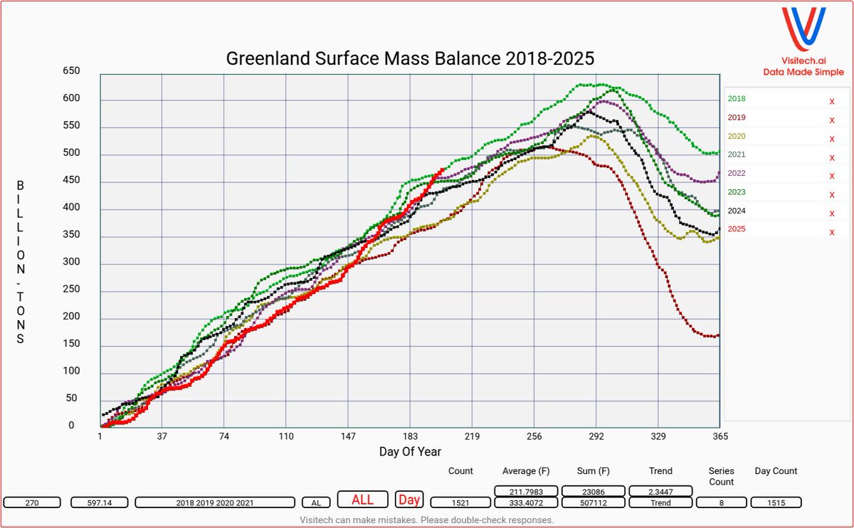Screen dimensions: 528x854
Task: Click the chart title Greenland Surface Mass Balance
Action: coord(410,58)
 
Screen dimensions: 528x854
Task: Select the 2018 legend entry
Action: coord(737,99)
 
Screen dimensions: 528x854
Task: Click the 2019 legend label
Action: coord(737,117)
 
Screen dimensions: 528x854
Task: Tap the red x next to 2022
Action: coord(831,176)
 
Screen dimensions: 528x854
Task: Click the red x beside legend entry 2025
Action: coord(831,232)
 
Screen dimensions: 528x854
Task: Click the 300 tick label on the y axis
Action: coord(85,263)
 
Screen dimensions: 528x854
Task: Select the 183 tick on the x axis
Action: coord(410,436)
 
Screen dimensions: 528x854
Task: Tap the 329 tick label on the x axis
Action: coord(658,436)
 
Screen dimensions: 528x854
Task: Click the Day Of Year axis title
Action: coord(410,452)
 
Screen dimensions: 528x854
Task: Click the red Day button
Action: coord(408,500)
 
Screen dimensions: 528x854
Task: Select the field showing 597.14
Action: coord(100,502)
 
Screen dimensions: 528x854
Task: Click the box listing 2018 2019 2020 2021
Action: coord(214,502)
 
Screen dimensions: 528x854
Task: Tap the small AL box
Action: coord(316,502)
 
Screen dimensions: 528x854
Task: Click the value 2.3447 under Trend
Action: coord(660,491)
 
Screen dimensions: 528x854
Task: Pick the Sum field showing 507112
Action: coord(594,502)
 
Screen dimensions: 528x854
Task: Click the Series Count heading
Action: coord(722,476)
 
